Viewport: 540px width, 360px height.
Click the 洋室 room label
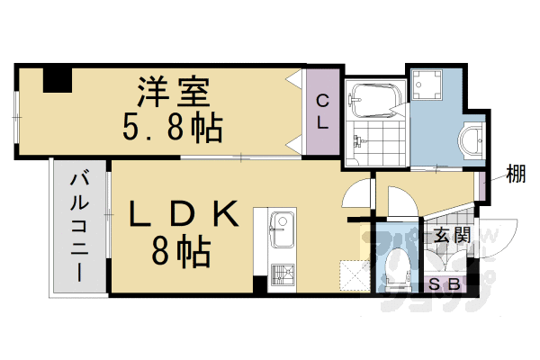pyautogui.click(x=174, y=93)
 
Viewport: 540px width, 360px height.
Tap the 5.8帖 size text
pyautogui.click(x=173, y=129)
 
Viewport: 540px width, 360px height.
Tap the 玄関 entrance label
pyautogui.click(x=450, y=236)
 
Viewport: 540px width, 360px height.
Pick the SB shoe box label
pyautogui.click(x=445, y=285)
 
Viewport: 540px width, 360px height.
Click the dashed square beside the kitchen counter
pyautogui.click(x=353, y=274)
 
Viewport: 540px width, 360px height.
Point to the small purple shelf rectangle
pyautogui.click(x=483, y=185)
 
